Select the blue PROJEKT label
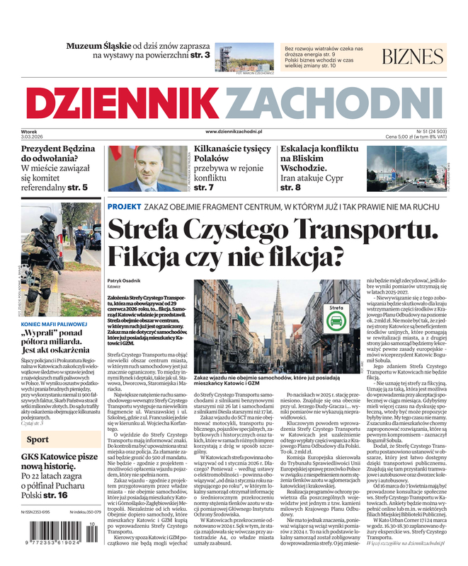click(124, 206)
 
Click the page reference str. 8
click(292, 187)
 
